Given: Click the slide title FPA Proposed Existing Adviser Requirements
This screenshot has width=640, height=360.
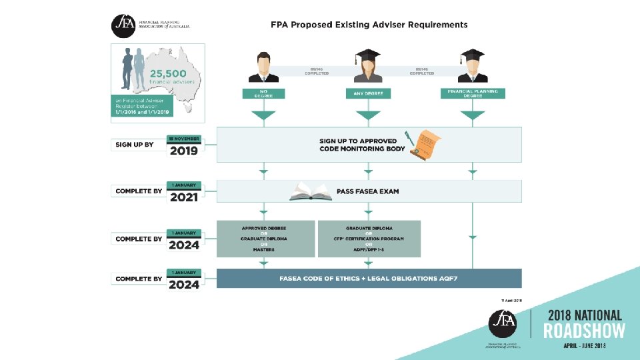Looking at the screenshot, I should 369,25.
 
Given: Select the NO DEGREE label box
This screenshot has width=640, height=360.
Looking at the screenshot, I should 263,93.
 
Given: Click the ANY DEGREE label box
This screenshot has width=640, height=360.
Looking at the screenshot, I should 367,93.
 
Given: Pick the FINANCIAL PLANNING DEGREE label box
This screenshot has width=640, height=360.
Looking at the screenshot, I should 473,93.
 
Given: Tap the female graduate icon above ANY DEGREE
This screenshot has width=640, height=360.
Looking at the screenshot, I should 367,65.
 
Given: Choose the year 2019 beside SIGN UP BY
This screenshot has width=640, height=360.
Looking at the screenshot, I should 183,151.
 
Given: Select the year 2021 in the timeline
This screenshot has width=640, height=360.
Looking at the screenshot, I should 183,197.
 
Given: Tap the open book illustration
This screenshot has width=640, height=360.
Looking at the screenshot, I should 311,193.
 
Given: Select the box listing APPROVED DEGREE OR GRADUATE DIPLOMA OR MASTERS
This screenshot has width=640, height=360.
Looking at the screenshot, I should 265,239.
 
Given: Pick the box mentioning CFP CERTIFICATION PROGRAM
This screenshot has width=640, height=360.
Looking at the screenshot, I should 369,239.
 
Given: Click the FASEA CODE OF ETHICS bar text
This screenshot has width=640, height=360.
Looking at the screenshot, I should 368,279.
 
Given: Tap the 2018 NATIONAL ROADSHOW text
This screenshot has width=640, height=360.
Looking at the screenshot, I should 585,323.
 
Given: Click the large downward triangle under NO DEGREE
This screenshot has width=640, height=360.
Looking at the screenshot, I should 263,116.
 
